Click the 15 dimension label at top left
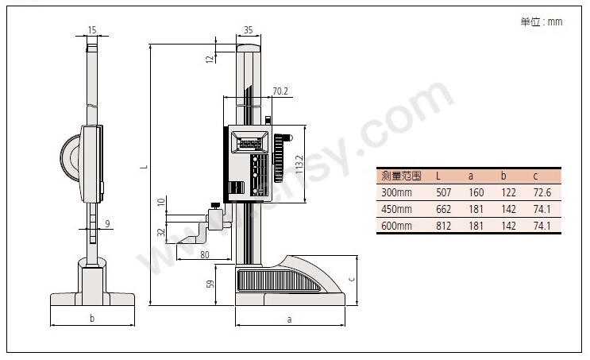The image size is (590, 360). (92, 29)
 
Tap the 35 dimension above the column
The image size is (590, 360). (249, 29)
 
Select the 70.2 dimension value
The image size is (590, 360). (280, 91)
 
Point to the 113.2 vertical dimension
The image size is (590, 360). (299, 165)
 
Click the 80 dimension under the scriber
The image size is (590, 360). (205, 255)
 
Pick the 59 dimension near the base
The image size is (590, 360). (210, 284)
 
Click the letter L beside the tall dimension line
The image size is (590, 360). (145, 166)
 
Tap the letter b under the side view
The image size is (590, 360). (92, 318)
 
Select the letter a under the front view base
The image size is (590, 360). (289, 319)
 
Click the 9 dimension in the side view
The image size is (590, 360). (108, 223)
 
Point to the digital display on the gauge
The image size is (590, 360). (250, 143)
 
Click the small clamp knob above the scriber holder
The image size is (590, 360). (216, 206)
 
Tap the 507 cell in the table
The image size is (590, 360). (444, 193)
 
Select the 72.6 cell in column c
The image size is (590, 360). (542, 193)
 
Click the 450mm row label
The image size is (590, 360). (396, 209)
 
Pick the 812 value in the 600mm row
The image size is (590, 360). (444, 226)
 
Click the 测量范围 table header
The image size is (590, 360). (401, 176)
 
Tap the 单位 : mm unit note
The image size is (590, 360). (542, 21)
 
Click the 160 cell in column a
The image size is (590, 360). (476, 193)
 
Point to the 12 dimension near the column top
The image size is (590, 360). (210, 59)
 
